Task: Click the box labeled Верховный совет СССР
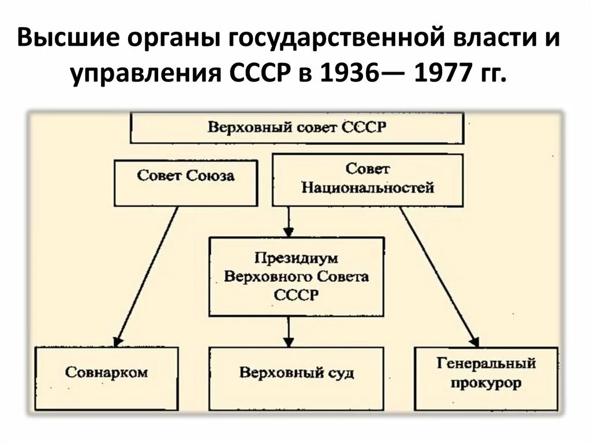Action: coord(297,128)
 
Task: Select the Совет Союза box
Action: coord(185,183)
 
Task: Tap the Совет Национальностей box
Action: coord(368,179)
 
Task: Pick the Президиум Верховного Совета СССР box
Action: coord(297,276)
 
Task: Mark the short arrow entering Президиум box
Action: coord(289,221)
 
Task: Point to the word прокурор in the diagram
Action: coord(486,383)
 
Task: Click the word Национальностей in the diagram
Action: coord(368,188)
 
